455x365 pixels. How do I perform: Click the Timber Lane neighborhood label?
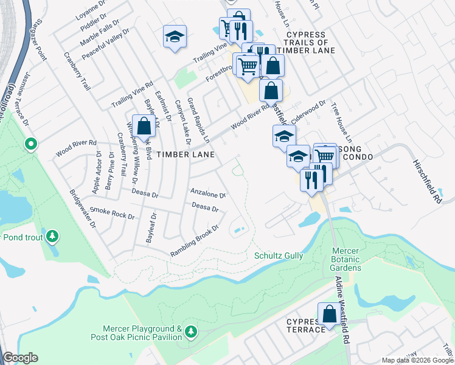186,155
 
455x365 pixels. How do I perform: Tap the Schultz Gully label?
279,256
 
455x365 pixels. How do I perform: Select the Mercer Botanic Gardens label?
346,259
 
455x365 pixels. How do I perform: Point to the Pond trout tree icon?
53,235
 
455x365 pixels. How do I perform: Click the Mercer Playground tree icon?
192,332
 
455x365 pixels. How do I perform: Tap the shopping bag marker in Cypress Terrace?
329,315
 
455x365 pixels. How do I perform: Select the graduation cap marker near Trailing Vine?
175,37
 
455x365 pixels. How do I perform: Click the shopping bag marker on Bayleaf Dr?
144,127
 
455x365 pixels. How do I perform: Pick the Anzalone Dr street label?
208,194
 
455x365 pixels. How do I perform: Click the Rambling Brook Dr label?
194,240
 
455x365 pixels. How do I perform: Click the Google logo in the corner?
20,358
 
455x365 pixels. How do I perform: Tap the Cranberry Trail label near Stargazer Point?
77,71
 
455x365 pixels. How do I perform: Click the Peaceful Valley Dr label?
106,44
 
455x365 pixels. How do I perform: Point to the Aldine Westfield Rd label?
342,310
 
